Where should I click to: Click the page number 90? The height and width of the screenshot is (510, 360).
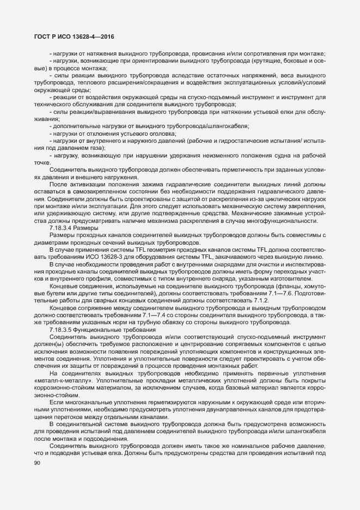pos(36,464)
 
